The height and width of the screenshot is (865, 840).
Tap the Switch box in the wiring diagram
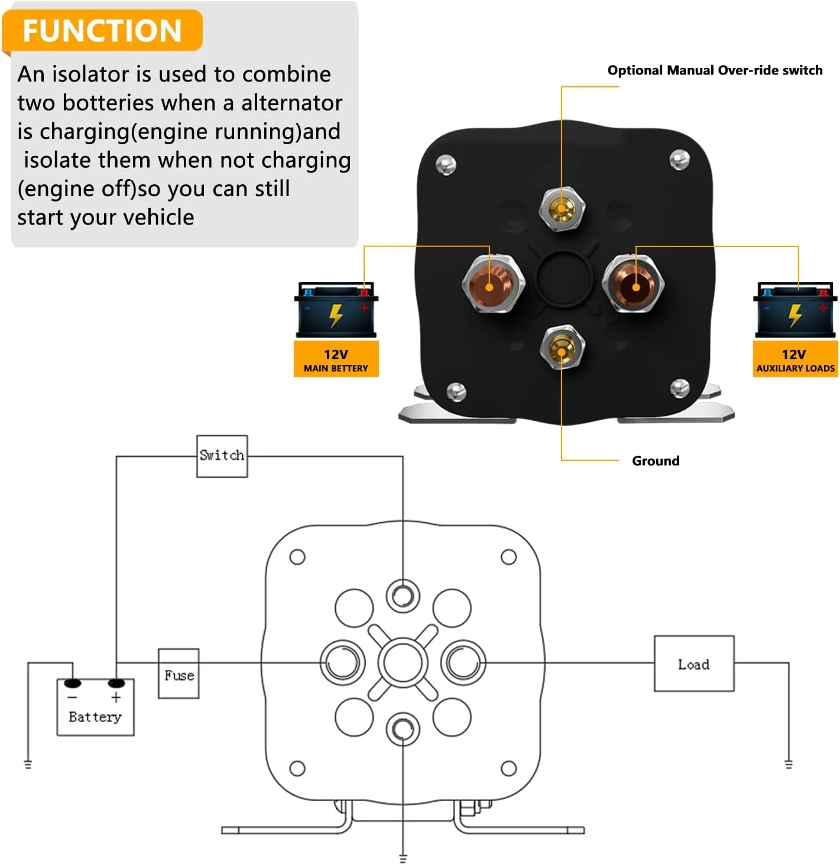click(x=222, y=456)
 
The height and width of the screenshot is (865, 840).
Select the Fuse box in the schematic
click(x=179, y=673)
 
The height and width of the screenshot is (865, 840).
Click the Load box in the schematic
click(x=694, y=663)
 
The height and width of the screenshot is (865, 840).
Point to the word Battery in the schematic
click(x=95, y=717)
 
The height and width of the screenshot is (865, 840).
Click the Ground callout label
click(x=656, y=460)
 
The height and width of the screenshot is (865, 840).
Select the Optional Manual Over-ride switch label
click(x=715, y=70)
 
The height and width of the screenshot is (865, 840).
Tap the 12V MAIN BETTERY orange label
click(x=336, y=359)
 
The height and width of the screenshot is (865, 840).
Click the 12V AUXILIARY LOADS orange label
click(x=795, y=359)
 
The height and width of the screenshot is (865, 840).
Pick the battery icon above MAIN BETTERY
click(x=336, y=310)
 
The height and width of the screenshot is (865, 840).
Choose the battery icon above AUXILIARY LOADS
click(x=795, y=310)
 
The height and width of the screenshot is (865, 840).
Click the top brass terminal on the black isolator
click(x=562, y=208)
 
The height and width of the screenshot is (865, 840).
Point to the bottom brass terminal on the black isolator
click(x=562, y=347)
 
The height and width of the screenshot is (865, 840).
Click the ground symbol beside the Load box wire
click(x=789, y=764)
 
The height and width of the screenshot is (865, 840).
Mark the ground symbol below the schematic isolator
click(x=403, y=859)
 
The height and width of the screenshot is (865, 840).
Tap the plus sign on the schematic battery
click(x=116, y=697)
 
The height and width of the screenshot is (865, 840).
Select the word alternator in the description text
click(x=291, y=103)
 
